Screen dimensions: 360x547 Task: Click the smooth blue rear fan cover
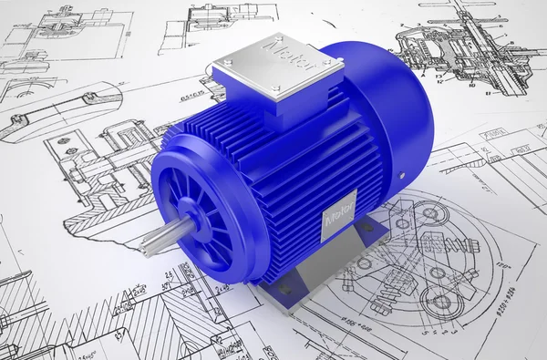point(392,109)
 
